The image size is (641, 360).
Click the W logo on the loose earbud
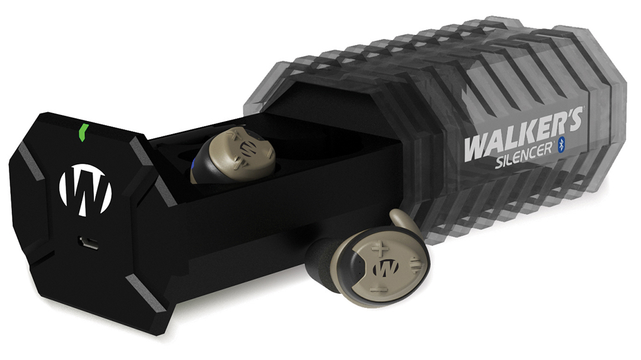tap(383, 269)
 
